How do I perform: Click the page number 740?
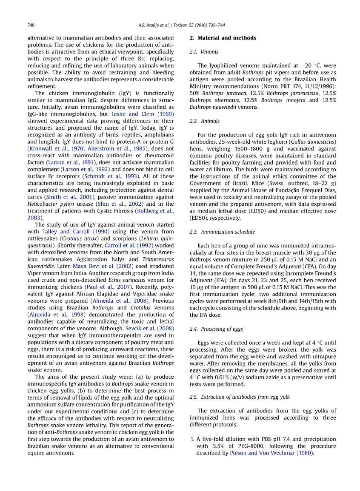tap(31, 25)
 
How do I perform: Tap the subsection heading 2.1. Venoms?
tap(204, 52)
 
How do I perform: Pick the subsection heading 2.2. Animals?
tap(205, 121)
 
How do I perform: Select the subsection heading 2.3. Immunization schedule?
tap(222, 232)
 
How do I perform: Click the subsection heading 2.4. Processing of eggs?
tap(216, 329)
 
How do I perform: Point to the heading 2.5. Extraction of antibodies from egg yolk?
tap(240, 397)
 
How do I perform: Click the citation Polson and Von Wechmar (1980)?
tap(271, 453)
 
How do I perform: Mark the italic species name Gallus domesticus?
tap(314, 142)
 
